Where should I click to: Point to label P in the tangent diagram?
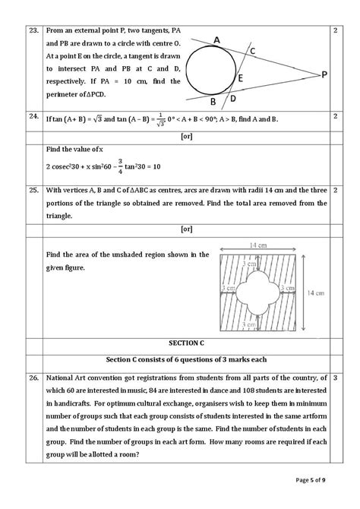click(324, 74)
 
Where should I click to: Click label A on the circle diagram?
click(216, 40)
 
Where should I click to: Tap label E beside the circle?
click(240, 78)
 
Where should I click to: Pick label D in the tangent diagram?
click(233, 99)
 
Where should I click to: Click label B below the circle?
click(213, 102)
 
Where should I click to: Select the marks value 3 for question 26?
click(335, 378)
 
